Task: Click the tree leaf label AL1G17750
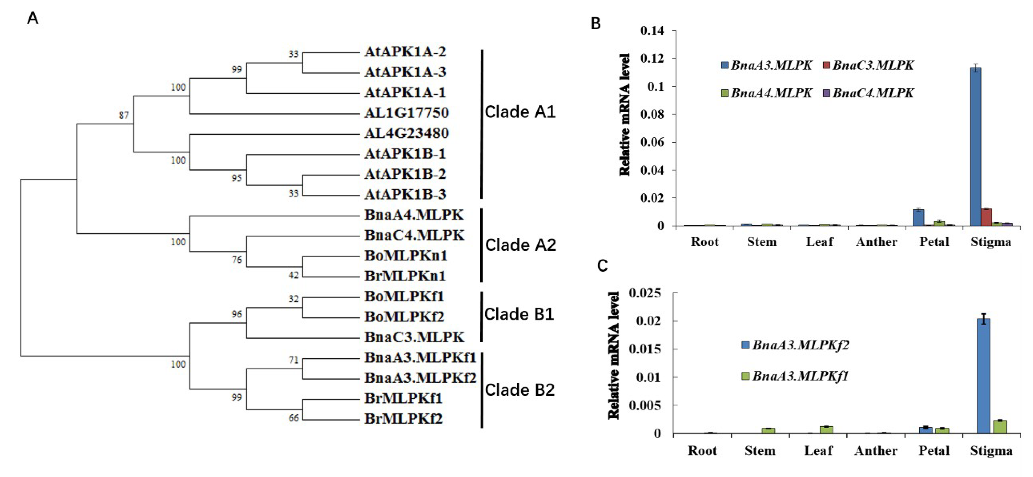point(406,113)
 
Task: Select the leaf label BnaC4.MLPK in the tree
point(414,235)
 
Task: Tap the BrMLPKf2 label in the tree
point(403,419)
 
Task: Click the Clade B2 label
point(520,390)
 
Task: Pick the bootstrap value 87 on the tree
point(124,116)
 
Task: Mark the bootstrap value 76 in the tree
point(237,260)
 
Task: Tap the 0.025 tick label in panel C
point(644,293)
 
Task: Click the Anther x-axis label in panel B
point(876,242)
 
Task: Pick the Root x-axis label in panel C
point(702,451)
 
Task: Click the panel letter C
point(602,266)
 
